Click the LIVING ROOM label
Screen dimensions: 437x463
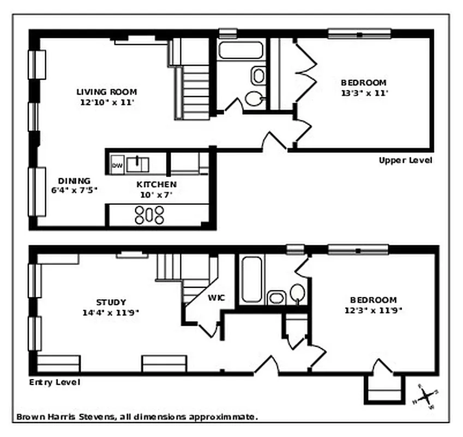[x=106, y=92]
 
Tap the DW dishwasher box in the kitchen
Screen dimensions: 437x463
[x=117, y=165]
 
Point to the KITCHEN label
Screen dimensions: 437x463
[x=156, y=185]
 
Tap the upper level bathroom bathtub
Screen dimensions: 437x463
[x=241, y=50]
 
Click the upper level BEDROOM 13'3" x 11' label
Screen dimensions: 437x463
[x=364, y=88]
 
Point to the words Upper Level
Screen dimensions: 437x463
[x=405, y=161]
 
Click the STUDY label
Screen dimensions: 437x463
[x=111, y=302]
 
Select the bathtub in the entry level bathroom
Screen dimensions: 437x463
[x=251, y=280]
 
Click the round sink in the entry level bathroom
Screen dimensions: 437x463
[x=297, y=293]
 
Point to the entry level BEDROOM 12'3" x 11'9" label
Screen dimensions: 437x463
[x=373, y=305]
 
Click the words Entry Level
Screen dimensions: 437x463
[x=55, y=382]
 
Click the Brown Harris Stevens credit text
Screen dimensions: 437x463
[x=136, y=417]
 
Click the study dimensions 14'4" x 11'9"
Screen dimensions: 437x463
[x=111, y=313]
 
